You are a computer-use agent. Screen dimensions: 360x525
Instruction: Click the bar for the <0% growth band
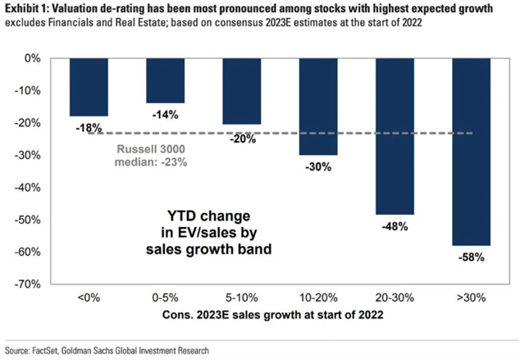89,88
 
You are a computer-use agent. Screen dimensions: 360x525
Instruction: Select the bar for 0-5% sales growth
165,81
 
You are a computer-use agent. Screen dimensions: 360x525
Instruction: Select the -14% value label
165,115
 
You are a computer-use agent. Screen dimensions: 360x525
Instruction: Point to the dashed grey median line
271,133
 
